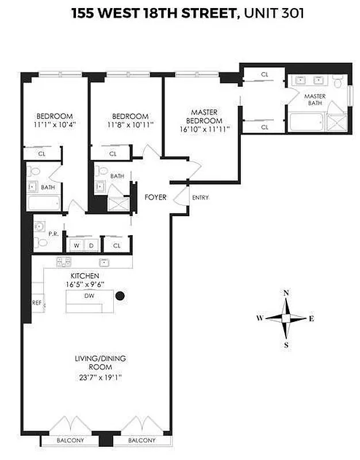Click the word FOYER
155,197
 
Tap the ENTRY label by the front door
200,198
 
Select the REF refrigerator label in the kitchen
37,302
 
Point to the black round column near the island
120,297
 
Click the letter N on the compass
286,293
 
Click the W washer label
76,246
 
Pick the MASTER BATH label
315,99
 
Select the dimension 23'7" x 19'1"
100,378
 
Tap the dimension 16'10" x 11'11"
204,129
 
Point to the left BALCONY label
70,440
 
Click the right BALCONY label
141,440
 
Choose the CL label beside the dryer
117,246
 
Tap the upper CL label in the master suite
265,75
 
